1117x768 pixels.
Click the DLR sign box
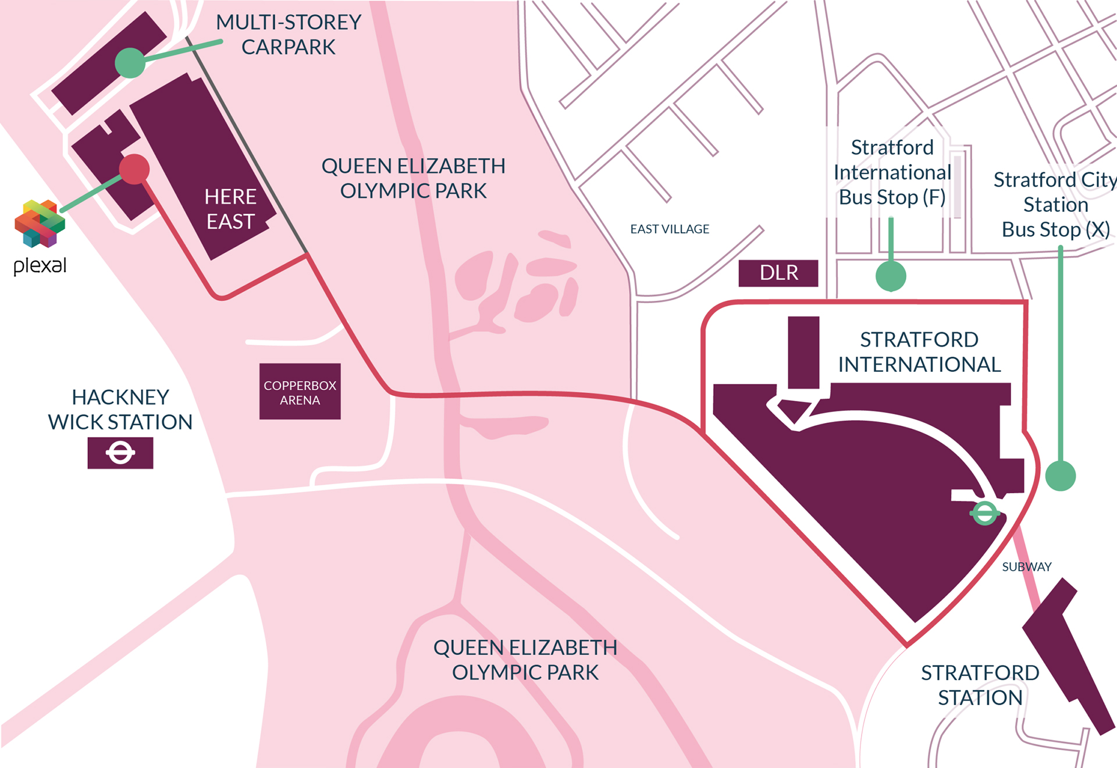tap(778, 273)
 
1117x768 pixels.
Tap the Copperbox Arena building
tap(300, 392)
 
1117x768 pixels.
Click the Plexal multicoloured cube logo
tap(40, 223)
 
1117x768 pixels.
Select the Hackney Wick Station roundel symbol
tap(120, 453)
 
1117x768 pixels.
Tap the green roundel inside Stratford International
tap(984, 513)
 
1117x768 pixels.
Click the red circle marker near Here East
tap(134, 169)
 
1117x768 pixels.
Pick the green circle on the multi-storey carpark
tap(130, 63)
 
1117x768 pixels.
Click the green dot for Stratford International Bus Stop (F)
tap(891, 276)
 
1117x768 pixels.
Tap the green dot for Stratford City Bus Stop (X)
tap(1060, 476)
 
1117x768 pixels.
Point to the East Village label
tap(670, 229)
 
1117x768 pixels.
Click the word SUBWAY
tap(1026, 567)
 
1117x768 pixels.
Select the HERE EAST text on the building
tap(230, 209)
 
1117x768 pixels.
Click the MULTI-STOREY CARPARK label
tap(289, 34)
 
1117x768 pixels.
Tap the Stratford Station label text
tap(980, 685)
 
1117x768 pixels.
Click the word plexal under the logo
tap(40, 265)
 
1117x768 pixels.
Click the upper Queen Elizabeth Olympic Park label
tap(413, 178)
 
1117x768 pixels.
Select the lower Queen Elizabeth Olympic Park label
tap(525, 660)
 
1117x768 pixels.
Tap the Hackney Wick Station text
tap(120, 410)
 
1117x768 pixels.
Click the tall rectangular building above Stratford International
tap(803, 352)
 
